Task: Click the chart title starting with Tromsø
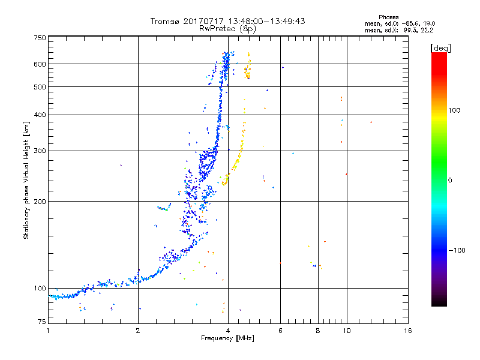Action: click(228, 20)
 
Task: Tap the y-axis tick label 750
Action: click(40, 38)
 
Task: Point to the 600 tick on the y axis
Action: click(40, 64)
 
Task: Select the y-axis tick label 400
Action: click(40, 115)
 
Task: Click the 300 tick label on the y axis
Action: click(40, 151)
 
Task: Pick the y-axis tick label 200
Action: click(40, 202)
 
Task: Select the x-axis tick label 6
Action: click(280, 331)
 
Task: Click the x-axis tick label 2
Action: click(139, 331)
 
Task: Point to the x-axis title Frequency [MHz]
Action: click(228, 339)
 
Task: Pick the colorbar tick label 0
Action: click(450, 180)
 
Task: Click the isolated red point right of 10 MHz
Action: click(371, 122)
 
